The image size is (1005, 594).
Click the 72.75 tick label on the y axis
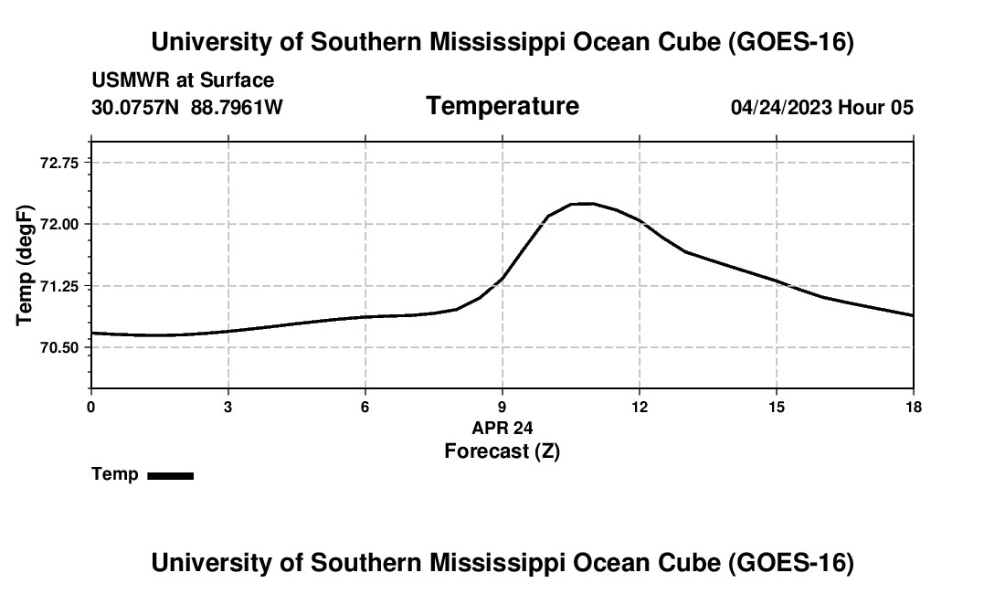click(x=59, y=163)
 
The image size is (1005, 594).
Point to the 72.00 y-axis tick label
click(x=59, y=224)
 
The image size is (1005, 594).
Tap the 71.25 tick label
click(x=59, y=286)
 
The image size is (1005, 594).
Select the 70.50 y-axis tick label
click(x=59, y=348)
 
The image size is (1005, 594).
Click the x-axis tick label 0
click(x=91, y=407)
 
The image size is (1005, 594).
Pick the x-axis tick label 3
click(x=228, y=407)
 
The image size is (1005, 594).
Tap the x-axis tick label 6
click(x=365, y=407)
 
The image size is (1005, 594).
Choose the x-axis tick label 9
click(x=503, y=407)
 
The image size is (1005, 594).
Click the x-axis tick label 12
click(x=640, y=407)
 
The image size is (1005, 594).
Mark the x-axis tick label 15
click(x=777, y=407)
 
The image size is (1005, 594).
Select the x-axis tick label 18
click(x=914, y=407)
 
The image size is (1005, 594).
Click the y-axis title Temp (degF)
click(x=25, y=265)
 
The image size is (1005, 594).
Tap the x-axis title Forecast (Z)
click(x=503, y=451)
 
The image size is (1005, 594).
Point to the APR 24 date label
click(x=503, y=428)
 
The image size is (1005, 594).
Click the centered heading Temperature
click(x=503, y=106)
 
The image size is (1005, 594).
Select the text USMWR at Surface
click(x=183, y=80)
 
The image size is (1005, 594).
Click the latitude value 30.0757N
click(x=135, y=107)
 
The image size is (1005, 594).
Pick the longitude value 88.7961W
click(x=237, y=107)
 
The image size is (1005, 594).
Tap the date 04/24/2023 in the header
click(x=781, y=107)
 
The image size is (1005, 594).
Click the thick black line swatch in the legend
click(x=171, y=476)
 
